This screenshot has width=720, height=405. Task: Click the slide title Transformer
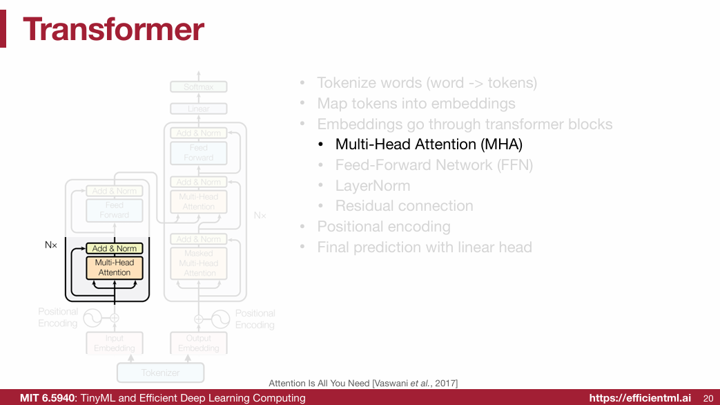[113, 29]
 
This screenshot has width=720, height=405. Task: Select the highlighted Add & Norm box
[115, 248]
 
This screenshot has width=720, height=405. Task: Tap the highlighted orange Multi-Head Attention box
[115, 267]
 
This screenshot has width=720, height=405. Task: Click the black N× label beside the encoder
[50, 245]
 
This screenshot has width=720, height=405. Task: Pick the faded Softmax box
[199, 87]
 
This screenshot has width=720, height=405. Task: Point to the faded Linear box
[199, 109]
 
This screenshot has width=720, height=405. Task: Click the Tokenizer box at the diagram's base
[161, 373]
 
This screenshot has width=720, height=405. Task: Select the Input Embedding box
[115, 343]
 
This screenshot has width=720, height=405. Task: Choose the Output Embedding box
[199, 343]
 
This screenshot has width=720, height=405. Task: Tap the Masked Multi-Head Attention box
[199, 263]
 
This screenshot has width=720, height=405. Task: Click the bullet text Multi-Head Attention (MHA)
[429, 144]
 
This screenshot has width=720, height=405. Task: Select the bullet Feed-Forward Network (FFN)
[434, 165]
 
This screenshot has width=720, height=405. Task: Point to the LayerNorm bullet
[373, 186]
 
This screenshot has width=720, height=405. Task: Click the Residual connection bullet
[404, 206]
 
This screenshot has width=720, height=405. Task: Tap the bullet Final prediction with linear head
[425, 247]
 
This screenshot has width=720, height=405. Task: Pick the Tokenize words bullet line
[427, 83]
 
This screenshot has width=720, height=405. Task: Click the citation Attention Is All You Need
[363, 383]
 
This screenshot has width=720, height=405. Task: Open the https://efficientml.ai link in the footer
[640, 398]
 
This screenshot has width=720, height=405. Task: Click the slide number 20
[708, 398]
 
